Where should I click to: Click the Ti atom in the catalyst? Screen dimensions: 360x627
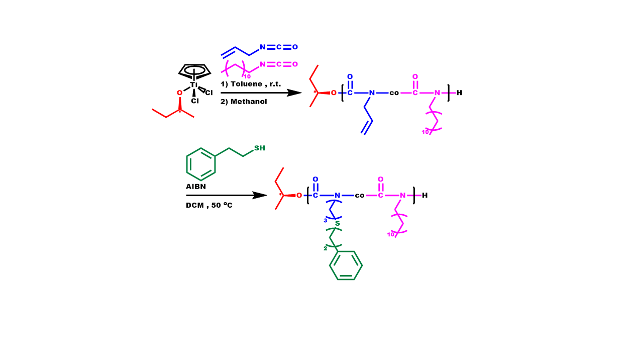194,84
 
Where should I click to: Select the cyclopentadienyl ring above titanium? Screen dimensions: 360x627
194,71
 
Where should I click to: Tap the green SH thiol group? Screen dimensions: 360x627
259,148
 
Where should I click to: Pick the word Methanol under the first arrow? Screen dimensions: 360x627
249,102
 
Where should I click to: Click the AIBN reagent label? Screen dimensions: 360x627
196,187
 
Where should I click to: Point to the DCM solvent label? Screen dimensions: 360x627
194,205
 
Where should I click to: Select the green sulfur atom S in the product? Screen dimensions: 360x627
338,223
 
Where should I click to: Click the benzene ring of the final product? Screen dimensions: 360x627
346,265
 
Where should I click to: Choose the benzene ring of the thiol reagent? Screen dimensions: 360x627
201,164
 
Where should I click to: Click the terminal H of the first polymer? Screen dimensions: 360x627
459,93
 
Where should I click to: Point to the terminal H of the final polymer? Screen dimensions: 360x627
425,195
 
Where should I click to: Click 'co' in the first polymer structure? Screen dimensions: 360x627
394,93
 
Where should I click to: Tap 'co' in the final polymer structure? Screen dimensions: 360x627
360,196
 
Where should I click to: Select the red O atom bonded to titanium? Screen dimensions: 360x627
179,93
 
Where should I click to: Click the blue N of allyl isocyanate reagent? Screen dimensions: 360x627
262,47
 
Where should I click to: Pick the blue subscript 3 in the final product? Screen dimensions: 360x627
325,220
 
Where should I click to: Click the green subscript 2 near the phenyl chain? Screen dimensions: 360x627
325,248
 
